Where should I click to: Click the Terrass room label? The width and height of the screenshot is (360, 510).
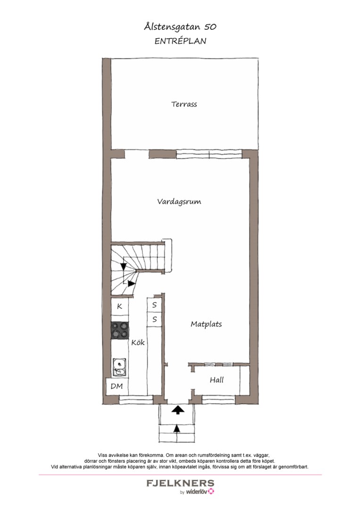pyautogui.click(x=184, y=104)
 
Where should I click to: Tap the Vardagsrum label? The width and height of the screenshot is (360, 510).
pyautogui.click(x=179, y=202)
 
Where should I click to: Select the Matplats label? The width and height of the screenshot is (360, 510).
pyautogui.click(x=206, y=324)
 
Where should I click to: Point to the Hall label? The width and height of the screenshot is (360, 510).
pyautogui.click(x=217, y=380)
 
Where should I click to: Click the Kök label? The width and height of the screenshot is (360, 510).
pyautogui.click(x=138, y=342)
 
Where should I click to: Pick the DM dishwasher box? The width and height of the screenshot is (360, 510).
pyautogui.click(x=117, y=386)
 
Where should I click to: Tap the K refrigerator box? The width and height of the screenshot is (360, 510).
pyautogui.click(x=119, y=306)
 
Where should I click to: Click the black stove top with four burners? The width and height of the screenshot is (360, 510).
pyautogui.click(x=119, y=331)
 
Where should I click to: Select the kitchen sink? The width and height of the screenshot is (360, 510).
pyautogui.click(x=119, y=367)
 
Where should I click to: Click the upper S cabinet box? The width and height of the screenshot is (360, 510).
pyautogui.click(x=154, y=305)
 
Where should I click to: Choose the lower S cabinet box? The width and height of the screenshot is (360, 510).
pyautogui.click(x=154, y=319)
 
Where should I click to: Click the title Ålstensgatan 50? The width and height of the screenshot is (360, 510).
pyautogui.click(x=180, y=27)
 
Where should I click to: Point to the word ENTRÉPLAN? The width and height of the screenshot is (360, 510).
pyautogui.click(x=180, y=41)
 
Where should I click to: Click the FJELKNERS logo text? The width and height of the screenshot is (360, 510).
pyautogui.click(x=180, y=483)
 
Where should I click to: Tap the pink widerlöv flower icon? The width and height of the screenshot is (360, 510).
pyautogui.click(x=211, y=491)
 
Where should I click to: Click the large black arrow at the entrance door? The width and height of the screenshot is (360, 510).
pyautogui.click(x=177, y=409)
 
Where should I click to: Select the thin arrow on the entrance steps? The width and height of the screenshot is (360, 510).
pyautogui.click(x=177, y=429)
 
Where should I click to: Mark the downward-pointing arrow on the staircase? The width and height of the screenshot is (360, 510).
pyautogui.click(x=123, y=266)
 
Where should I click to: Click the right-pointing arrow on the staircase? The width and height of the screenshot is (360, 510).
pyautogui.click(x=131, y=284)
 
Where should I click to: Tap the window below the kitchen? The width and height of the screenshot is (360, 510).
pyautogui.click(x=136, y=400)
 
